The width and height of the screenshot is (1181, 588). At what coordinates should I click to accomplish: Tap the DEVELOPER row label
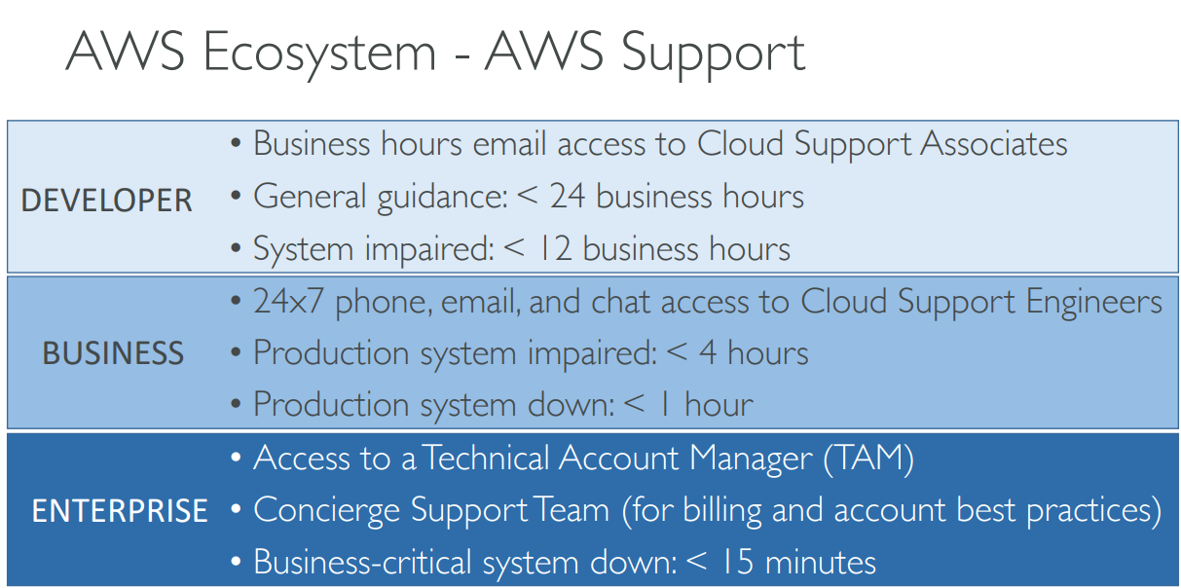(x=107, y=201)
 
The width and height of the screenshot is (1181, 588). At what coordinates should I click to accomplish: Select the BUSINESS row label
(x=113, y=353)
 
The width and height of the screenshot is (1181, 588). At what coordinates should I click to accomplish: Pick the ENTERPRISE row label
(x=120, y=511)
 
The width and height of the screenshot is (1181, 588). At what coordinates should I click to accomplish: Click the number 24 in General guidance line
(x=568, y=197)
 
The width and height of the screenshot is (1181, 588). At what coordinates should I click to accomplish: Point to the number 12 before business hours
(x=550, y=249)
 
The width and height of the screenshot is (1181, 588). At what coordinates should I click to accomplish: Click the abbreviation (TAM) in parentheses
(x=868, y=459)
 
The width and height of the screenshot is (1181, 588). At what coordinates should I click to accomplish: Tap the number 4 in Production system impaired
(x=708, y=353)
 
